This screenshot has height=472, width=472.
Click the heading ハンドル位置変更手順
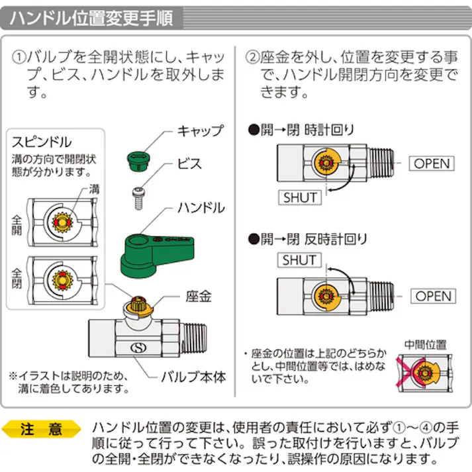pyautogui.click(x=91, y=18)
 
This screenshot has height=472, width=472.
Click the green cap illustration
pyautogui.click(x=135, y=158)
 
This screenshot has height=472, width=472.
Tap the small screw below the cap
pyautogui.click(x=138, y=197)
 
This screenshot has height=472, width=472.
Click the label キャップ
pyautogui.click(x=200, y=130)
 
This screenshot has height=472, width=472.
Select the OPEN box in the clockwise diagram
pyautogui.click(x=432, y=164)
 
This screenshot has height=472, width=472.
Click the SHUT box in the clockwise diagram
pyautogui.click(x=300, y=197)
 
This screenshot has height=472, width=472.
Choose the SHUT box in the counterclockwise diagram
pyautogui.click(x=299, y=260)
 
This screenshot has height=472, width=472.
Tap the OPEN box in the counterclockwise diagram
pyautogui.click(x=433, y=296)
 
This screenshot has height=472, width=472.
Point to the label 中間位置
pyautogui.click(x=425, y=345)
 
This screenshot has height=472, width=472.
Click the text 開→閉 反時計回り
pyautogui.click(x=307, y=239)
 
